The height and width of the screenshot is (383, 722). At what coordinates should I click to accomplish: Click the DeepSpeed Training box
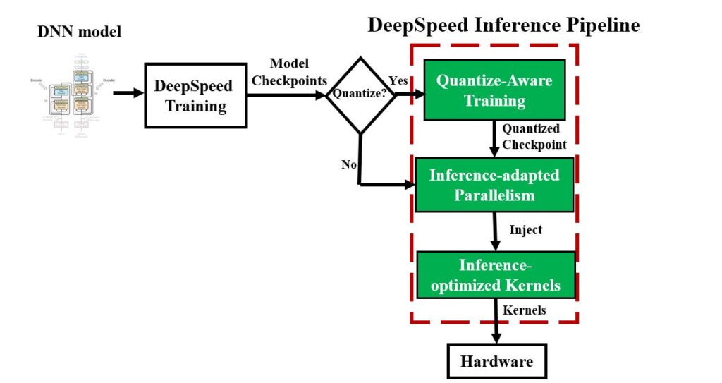point(195,96)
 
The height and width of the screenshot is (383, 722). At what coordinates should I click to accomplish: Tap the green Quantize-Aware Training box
point(494,90)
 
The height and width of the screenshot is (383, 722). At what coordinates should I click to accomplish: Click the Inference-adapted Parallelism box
point(494,184)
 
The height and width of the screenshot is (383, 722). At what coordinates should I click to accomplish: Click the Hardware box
point(496,362)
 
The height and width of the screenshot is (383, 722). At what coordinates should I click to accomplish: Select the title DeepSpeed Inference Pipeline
point(503,25)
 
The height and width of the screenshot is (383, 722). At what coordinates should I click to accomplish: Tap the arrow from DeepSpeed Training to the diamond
point(286,92)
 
